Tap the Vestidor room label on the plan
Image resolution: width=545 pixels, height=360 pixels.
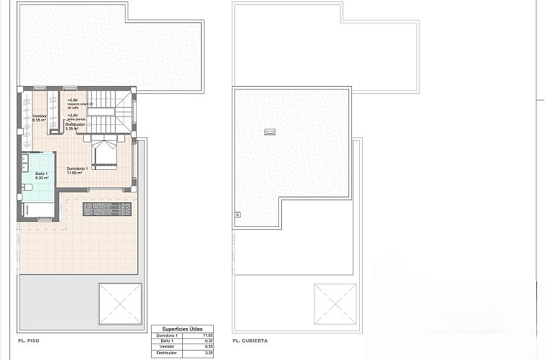[x=40, y=116]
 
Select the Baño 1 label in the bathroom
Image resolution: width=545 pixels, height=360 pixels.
[x=42, y=174]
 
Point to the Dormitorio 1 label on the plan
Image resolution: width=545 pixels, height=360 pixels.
[x=77, y=169]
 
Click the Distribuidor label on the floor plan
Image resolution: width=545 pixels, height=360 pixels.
[x=75, y=124]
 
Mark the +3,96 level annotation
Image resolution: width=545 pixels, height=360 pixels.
[x=72, y=100]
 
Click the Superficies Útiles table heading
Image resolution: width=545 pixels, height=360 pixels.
[x=183, y=328]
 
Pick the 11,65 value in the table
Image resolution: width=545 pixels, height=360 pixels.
[x=207, y=335]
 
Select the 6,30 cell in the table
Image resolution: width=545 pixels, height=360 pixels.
[x=207, y=341]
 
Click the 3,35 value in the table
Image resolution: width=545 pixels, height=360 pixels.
[x=207, y=353]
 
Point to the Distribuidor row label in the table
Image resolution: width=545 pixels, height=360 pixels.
[x=167, y=353]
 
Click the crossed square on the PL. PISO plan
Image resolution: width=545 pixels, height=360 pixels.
[x=119, y=304]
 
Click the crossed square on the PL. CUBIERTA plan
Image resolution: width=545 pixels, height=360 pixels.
[x=335, y=304]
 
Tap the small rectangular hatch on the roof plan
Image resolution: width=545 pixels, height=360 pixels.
[x=270, y=132]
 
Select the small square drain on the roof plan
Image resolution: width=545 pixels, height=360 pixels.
[x=237, y=214]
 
